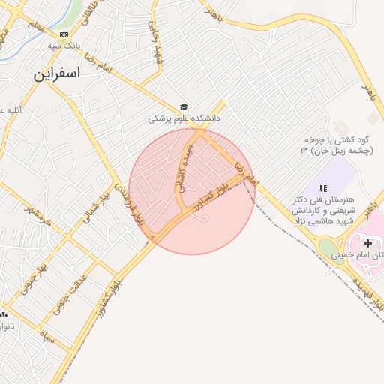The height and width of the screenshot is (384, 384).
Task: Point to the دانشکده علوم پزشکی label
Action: click(184, 118)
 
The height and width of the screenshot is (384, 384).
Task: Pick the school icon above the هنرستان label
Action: click(324, 188)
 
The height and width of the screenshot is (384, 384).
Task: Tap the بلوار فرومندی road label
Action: click(129, 201)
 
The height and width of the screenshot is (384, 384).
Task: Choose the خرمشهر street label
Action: click(37, 214)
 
